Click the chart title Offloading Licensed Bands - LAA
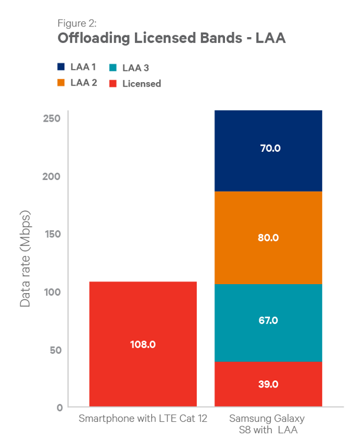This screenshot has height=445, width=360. click(x=172, y=39)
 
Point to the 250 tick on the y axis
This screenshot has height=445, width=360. click(x=52, y=118)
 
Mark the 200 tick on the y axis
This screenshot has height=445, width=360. click(x=52, y=176)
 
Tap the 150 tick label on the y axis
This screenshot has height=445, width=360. click(x=52, y=233)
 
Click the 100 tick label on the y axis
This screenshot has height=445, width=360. click(x=52, y=291)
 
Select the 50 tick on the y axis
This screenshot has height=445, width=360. click(x=55, y=349)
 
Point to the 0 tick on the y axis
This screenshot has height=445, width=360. click(x=59, y=407)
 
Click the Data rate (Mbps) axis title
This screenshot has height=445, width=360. click(x=25, y=259)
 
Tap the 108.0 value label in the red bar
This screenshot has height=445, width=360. click(x=143, y=344)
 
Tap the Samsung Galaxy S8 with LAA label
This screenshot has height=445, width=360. click(x=267, y=425)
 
